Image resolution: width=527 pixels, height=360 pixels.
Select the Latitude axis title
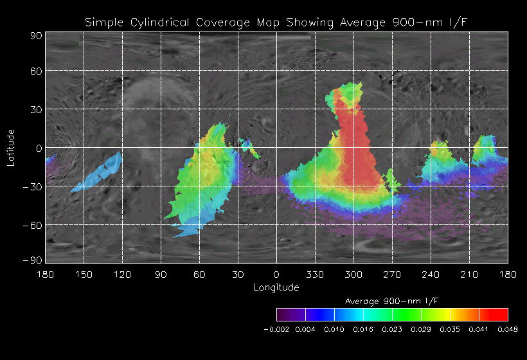tap(10, 147)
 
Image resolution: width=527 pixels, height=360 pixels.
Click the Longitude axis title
tap(276, 287)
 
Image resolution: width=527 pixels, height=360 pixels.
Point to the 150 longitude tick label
tap(84, 274)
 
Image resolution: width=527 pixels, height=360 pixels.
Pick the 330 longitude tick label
tap(315, 274)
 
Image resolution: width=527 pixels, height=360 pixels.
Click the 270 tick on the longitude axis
tap(392, 274)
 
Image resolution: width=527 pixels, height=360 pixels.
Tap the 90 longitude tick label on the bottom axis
tap(161, 274)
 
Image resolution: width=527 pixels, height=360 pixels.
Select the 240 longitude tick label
tap(431, 274)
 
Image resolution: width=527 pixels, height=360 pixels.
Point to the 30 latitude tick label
tap(36, 109)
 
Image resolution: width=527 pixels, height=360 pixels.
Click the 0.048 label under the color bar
tap(508, 329)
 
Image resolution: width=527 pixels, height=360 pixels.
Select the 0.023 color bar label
tap(392, 329)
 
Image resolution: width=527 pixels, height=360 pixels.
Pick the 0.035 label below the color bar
tap(450, 329)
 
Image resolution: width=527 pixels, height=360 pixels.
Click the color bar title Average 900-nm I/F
tap(391, 301)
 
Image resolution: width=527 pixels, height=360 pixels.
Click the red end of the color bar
tap(498, 314)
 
